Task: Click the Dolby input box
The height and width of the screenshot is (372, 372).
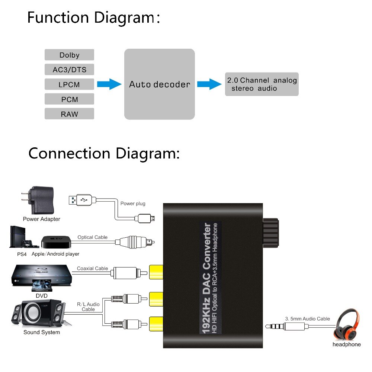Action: pyautogui.click(x=69, y=55)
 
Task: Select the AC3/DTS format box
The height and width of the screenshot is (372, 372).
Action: pyautogui.click(x=69, y=70)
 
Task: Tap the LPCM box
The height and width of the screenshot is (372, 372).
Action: pyautogui.click(x=69, y=84)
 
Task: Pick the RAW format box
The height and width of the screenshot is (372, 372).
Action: pyautogui.click(x=69, y=114)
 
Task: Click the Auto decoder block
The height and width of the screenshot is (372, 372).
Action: pyautogui.click(x=159, y=84)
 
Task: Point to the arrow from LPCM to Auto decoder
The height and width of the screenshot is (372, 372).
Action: pyautogui.click(x=109, y=84)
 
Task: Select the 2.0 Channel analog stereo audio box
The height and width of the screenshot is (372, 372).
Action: pyautogui.click(x=262, y=84)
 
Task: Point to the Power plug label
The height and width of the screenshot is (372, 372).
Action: pyautogui.click(x=133, y=203)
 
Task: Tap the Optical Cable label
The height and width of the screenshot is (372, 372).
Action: pyautogui.click(x=92, y=237)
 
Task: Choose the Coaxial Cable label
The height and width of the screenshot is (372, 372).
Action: pyautogui.click(x=92, y=268)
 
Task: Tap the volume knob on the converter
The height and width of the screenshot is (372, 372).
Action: pyautogui.click(x=270, y=233)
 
